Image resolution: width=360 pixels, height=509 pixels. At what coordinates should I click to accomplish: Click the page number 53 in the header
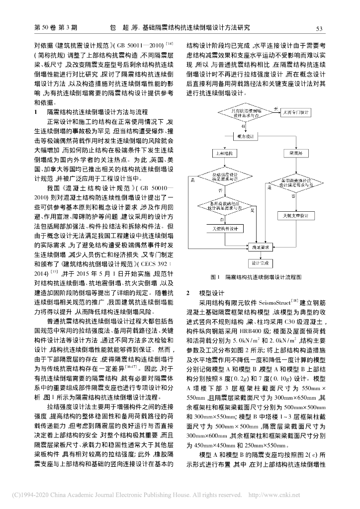[x=319, y=28]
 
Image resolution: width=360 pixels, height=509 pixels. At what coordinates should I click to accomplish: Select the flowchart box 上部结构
[x=222, y=154]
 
